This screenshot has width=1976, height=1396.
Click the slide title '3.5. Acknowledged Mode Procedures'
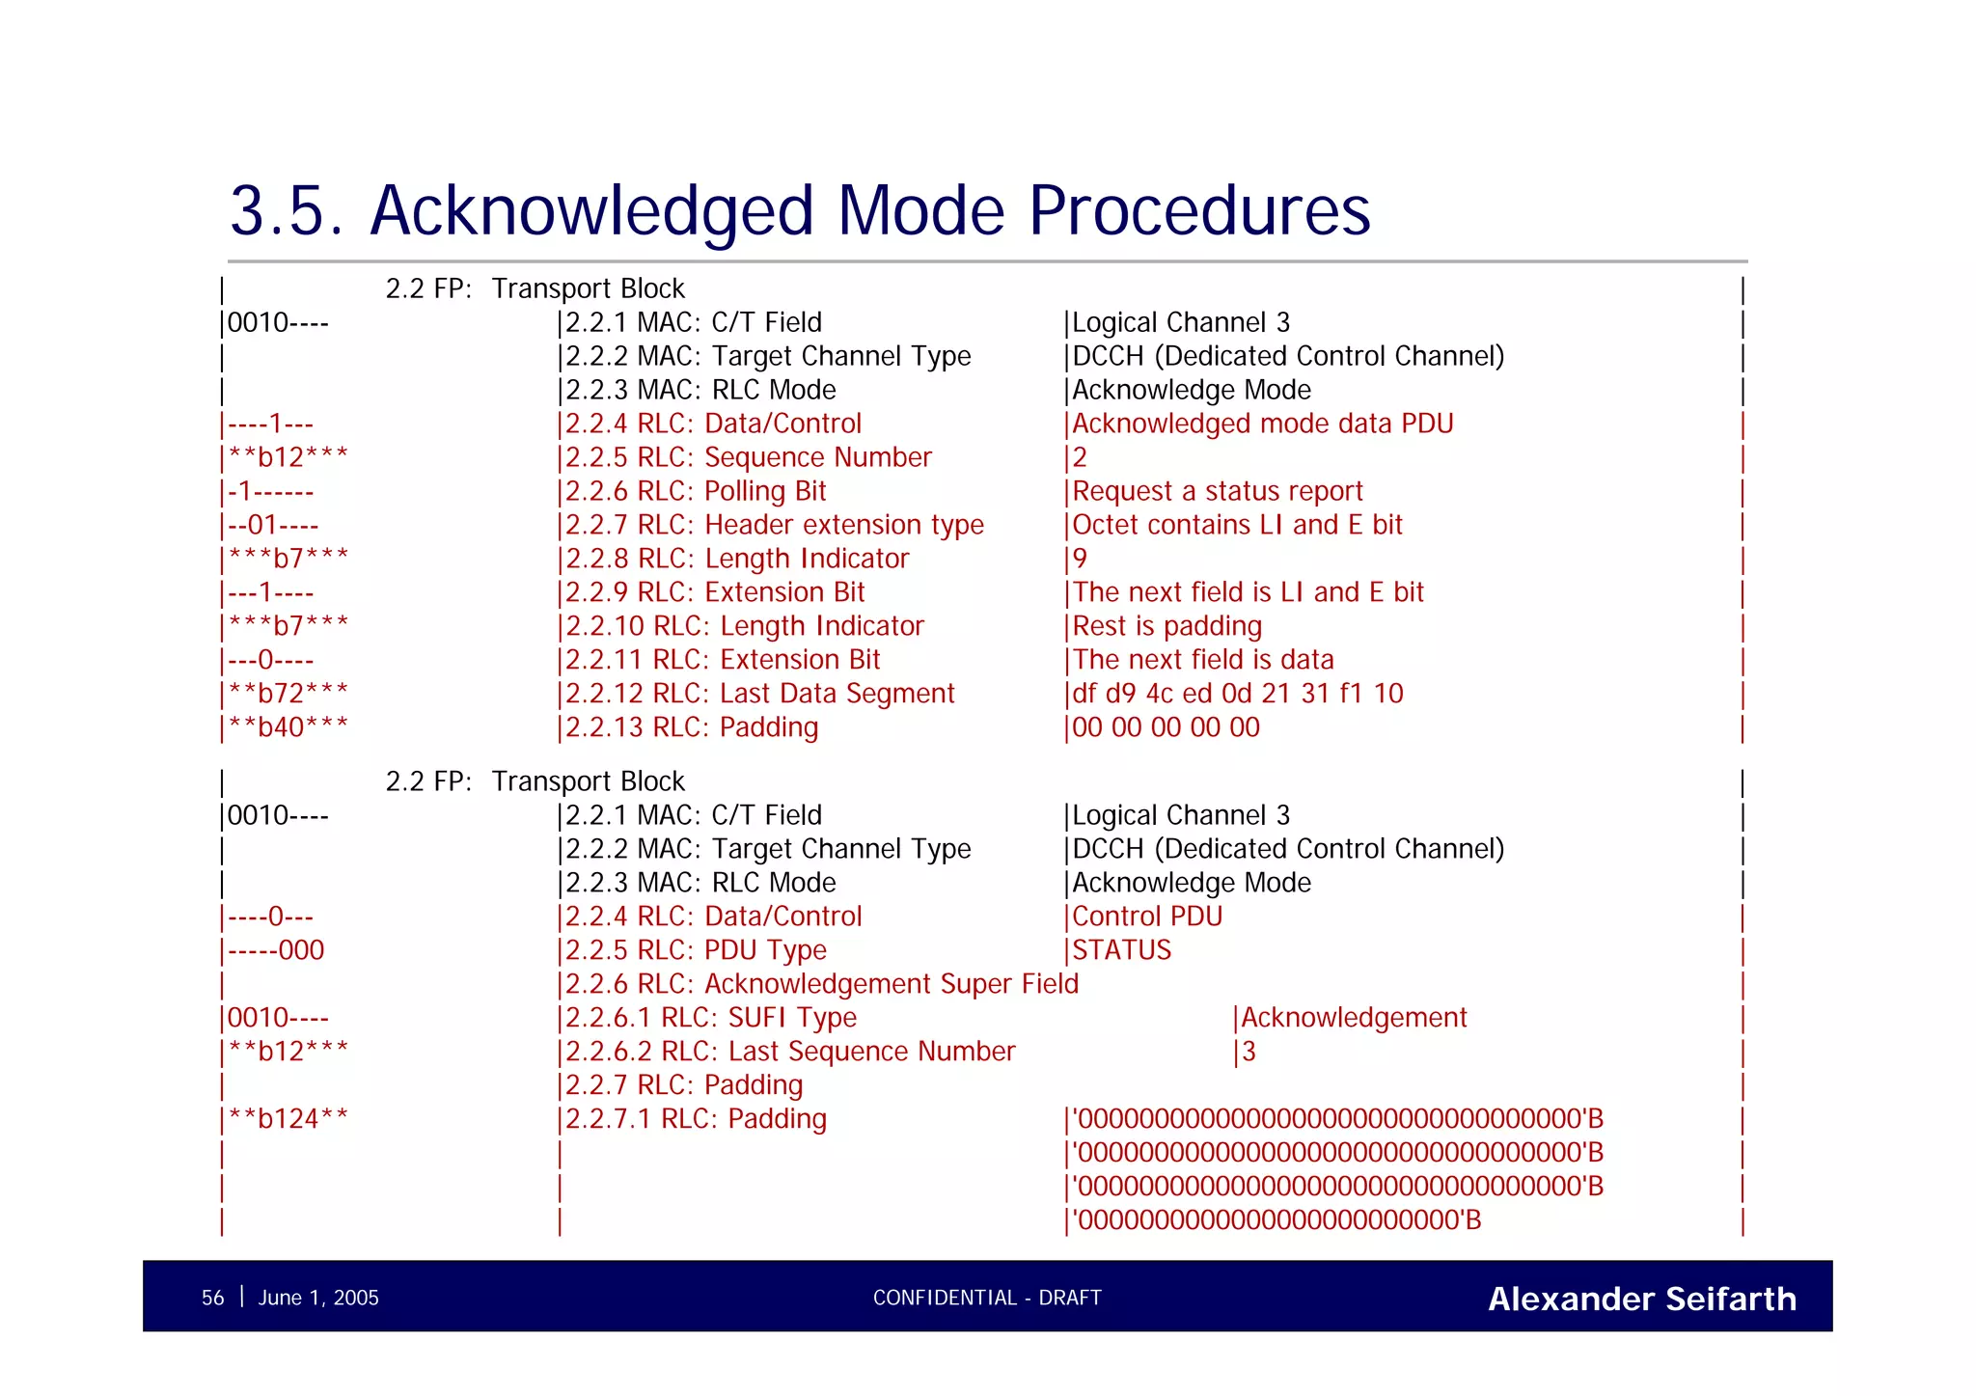(x=799, y=210)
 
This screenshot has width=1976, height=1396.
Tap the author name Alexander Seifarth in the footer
(x=1641, y=1299)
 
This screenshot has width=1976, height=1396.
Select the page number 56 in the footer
(x=212, y=1298)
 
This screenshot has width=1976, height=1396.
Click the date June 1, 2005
(x=318, y=1298)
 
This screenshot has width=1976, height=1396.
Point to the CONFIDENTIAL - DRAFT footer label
(x=986, y=1298)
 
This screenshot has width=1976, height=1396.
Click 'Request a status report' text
(x=1218, y=491)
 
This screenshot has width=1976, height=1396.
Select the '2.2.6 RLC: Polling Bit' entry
(x=696, y=491)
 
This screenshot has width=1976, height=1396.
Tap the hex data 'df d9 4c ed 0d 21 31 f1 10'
(x=1238, y=694)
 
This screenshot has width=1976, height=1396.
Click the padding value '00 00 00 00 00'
(x=1166, y=727)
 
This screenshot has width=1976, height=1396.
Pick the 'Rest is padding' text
(x=1166, y=626)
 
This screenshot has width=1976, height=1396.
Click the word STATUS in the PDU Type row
(x=1122, y=950)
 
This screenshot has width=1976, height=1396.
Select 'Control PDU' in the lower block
(x=1147, y=917)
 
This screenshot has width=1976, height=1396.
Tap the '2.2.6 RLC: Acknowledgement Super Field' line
(x=821, y=984)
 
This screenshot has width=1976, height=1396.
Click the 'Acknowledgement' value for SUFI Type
(x=1353, y=1018)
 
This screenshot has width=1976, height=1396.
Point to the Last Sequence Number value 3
(x=1249, y=1052)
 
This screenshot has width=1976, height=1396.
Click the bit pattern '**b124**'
(x=288, y=1119)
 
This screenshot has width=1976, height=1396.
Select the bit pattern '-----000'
(x=276, y=950)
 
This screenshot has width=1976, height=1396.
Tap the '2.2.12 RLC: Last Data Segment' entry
(x=759, y=694)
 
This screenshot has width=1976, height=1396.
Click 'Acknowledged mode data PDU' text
(x=1262, y=424)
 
